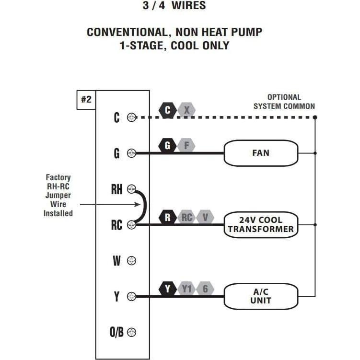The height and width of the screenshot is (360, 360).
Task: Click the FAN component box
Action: pos(261,153)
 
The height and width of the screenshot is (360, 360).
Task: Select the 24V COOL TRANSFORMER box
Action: pos(261,224)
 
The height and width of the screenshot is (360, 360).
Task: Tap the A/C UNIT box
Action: pos(261,296)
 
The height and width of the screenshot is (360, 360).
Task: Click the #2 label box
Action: pos(86,100)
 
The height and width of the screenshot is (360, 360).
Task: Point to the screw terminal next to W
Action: pos(131,261)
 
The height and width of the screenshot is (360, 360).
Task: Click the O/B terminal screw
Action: pos(131,332)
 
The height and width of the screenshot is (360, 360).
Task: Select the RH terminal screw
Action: pos(131,189)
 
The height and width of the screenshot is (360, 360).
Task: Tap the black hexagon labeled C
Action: pos(167,111)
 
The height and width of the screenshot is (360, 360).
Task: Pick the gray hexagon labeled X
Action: pos(186,111)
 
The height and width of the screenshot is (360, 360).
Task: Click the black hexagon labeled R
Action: pos(167,217)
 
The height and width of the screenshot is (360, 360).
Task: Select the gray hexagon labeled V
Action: pos(205,217)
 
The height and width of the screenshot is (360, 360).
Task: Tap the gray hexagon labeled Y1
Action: pos(186,289)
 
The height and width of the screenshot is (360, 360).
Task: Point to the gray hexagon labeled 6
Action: pos(205,289)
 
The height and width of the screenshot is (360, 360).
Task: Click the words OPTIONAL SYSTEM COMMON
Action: pos(284,102)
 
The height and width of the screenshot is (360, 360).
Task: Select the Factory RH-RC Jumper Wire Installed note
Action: pos(58,196)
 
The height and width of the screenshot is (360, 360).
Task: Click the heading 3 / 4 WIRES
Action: pos(174,6)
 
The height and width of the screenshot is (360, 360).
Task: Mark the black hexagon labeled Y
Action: pos(167,289)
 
